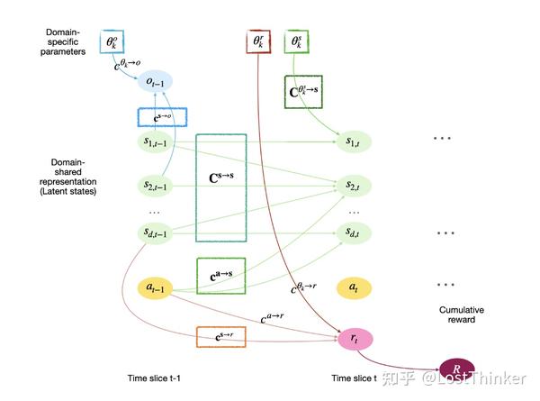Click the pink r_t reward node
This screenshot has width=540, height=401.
point(354,338)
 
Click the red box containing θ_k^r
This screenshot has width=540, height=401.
point(257,41)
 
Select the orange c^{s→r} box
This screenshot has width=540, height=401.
point(220,338)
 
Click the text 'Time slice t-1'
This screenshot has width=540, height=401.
point(156,379)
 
